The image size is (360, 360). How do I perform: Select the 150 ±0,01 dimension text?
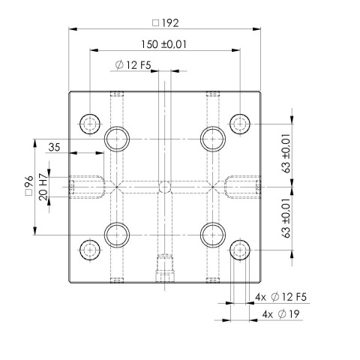(163, 44)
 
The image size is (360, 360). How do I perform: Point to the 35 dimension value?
(53, 146)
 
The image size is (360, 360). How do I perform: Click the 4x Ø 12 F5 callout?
(280, 298)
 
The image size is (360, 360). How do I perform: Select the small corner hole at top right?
(239, 123)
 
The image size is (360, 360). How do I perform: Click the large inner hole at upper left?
(117, 138)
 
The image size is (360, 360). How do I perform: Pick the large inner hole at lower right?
(212, 235)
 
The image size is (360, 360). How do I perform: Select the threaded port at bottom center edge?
(164, 268)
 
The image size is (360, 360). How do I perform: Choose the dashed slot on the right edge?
(242, 186)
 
